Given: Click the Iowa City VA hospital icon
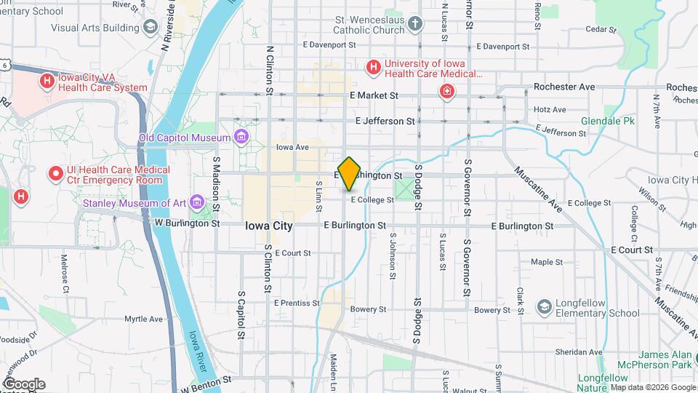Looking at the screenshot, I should [47, 81].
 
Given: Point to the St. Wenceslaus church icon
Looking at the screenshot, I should [415, 24].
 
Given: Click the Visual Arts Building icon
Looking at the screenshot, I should [151, 28].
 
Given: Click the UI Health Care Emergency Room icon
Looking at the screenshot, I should [55, 174].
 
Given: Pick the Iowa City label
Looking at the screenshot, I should [269, 226].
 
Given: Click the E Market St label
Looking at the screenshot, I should [374, 95].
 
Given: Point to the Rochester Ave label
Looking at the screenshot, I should [563, 87].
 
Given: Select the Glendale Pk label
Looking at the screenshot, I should [607, 121].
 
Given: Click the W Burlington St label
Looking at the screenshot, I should [187, 223].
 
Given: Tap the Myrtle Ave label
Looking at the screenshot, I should [143, 319].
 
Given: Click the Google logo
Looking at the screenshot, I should [23, 384].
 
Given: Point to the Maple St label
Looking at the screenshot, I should [542, 262].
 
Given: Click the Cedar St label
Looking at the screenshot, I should [601, 31].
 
